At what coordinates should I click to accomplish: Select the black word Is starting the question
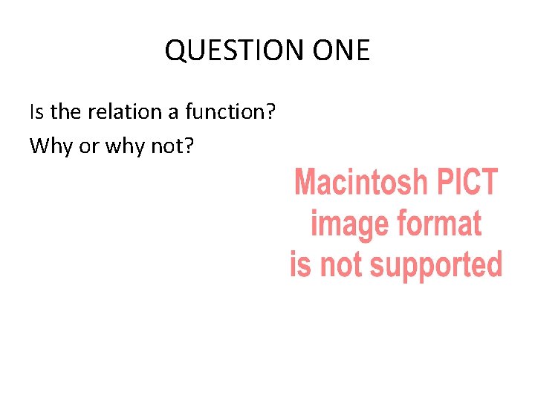click(37, 112)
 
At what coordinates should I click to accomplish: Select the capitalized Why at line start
click(51, 146)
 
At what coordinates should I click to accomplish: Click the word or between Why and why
click(88, 147)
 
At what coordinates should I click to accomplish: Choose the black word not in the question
click(168, 146)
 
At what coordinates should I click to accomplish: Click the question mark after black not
click(189, 146)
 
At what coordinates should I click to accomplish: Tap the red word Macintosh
click(361, 182)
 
